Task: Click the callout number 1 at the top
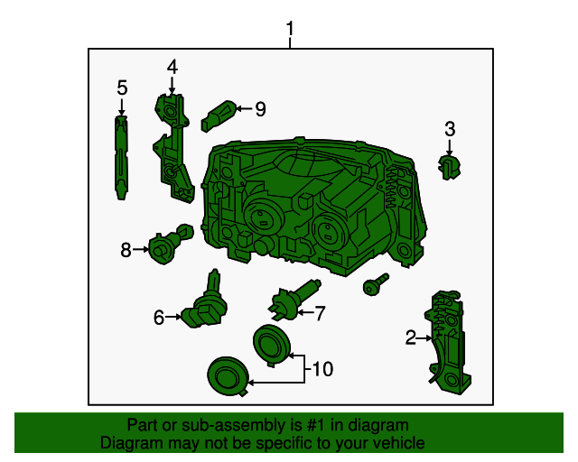290,29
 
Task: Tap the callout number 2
411,338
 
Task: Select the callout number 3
450,130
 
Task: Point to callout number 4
172,66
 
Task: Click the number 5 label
122,88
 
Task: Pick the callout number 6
159,317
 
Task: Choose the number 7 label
319,313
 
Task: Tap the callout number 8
126,249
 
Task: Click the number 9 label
260,109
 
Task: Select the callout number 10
322,368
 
